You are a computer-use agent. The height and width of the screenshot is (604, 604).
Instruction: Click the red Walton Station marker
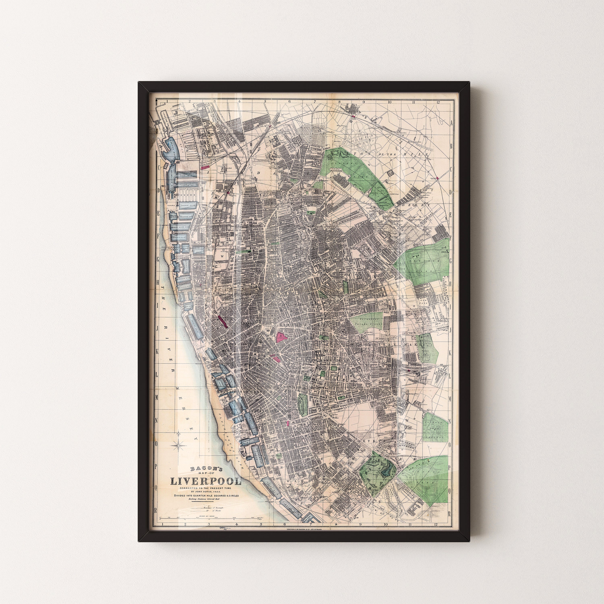[354, 116]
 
